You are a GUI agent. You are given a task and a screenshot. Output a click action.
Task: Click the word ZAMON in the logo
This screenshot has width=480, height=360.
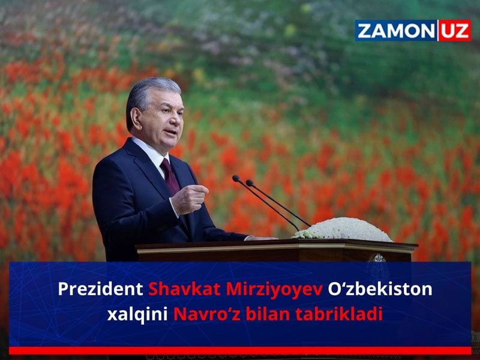pyautogui.click(x=396, y=31)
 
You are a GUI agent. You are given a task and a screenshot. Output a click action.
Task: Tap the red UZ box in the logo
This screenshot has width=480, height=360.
pyautogui.click(x=455, y=31)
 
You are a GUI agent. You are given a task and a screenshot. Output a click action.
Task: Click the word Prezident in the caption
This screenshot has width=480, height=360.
pyautogui.click(x=100, y=289)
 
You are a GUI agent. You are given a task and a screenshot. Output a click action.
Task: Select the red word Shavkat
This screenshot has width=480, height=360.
pyautogui.click(x=184, y=289)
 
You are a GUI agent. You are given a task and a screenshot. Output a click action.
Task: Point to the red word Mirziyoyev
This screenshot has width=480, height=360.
pyautogui.click(x=275, y=290)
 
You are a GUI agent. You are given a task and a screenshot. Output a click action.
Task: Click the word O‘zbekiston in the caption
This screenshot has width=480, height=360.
pyautogui.click(x=380, y=289)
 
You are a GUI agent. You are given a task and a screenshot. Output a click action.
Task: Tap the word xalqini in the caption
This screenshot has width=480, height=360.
pyautogui.click(x=137, y=314)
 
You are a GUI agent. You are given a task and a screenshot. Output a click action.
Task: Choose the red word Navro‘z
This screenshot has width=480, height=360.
pyautogui.click(x=206, y=314)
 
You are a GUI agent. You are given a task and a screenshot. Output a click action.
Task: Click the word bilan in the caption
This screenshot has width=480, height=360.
pyautogui.click(x=268, y=314)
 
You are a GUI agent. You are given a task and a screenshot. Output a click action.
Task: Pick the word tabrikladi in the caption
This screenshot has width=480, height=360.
pyautogui.click(x=339, y=314)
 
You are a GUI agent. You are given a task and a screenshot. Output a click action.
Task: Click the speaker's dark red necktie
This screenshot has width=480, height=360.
pyautogui.click(x=170, y=176)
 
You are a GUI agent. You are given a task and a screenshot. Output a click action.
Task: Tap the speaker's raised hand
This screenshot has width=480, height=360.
pyautogui.click(x=189, y=199)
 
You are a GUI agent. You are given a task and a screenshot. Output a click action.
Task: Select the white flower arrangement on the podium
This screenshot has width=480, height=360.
pyautogui.click(x=342, y=229)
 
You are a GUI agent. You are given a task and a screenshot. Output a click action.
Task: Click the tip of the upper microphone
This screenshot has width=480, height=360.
pyautogui.click(x=235, y=178)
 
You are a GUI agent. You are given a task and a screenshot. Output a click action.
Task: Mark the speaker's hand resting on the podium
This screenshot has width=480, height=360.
pyautogui.click(x=261, y=238)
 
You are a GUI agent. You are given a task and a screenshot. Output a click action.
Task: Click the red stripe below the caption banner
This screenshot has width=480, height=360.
pyautogui.click(x=240, y=350)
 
